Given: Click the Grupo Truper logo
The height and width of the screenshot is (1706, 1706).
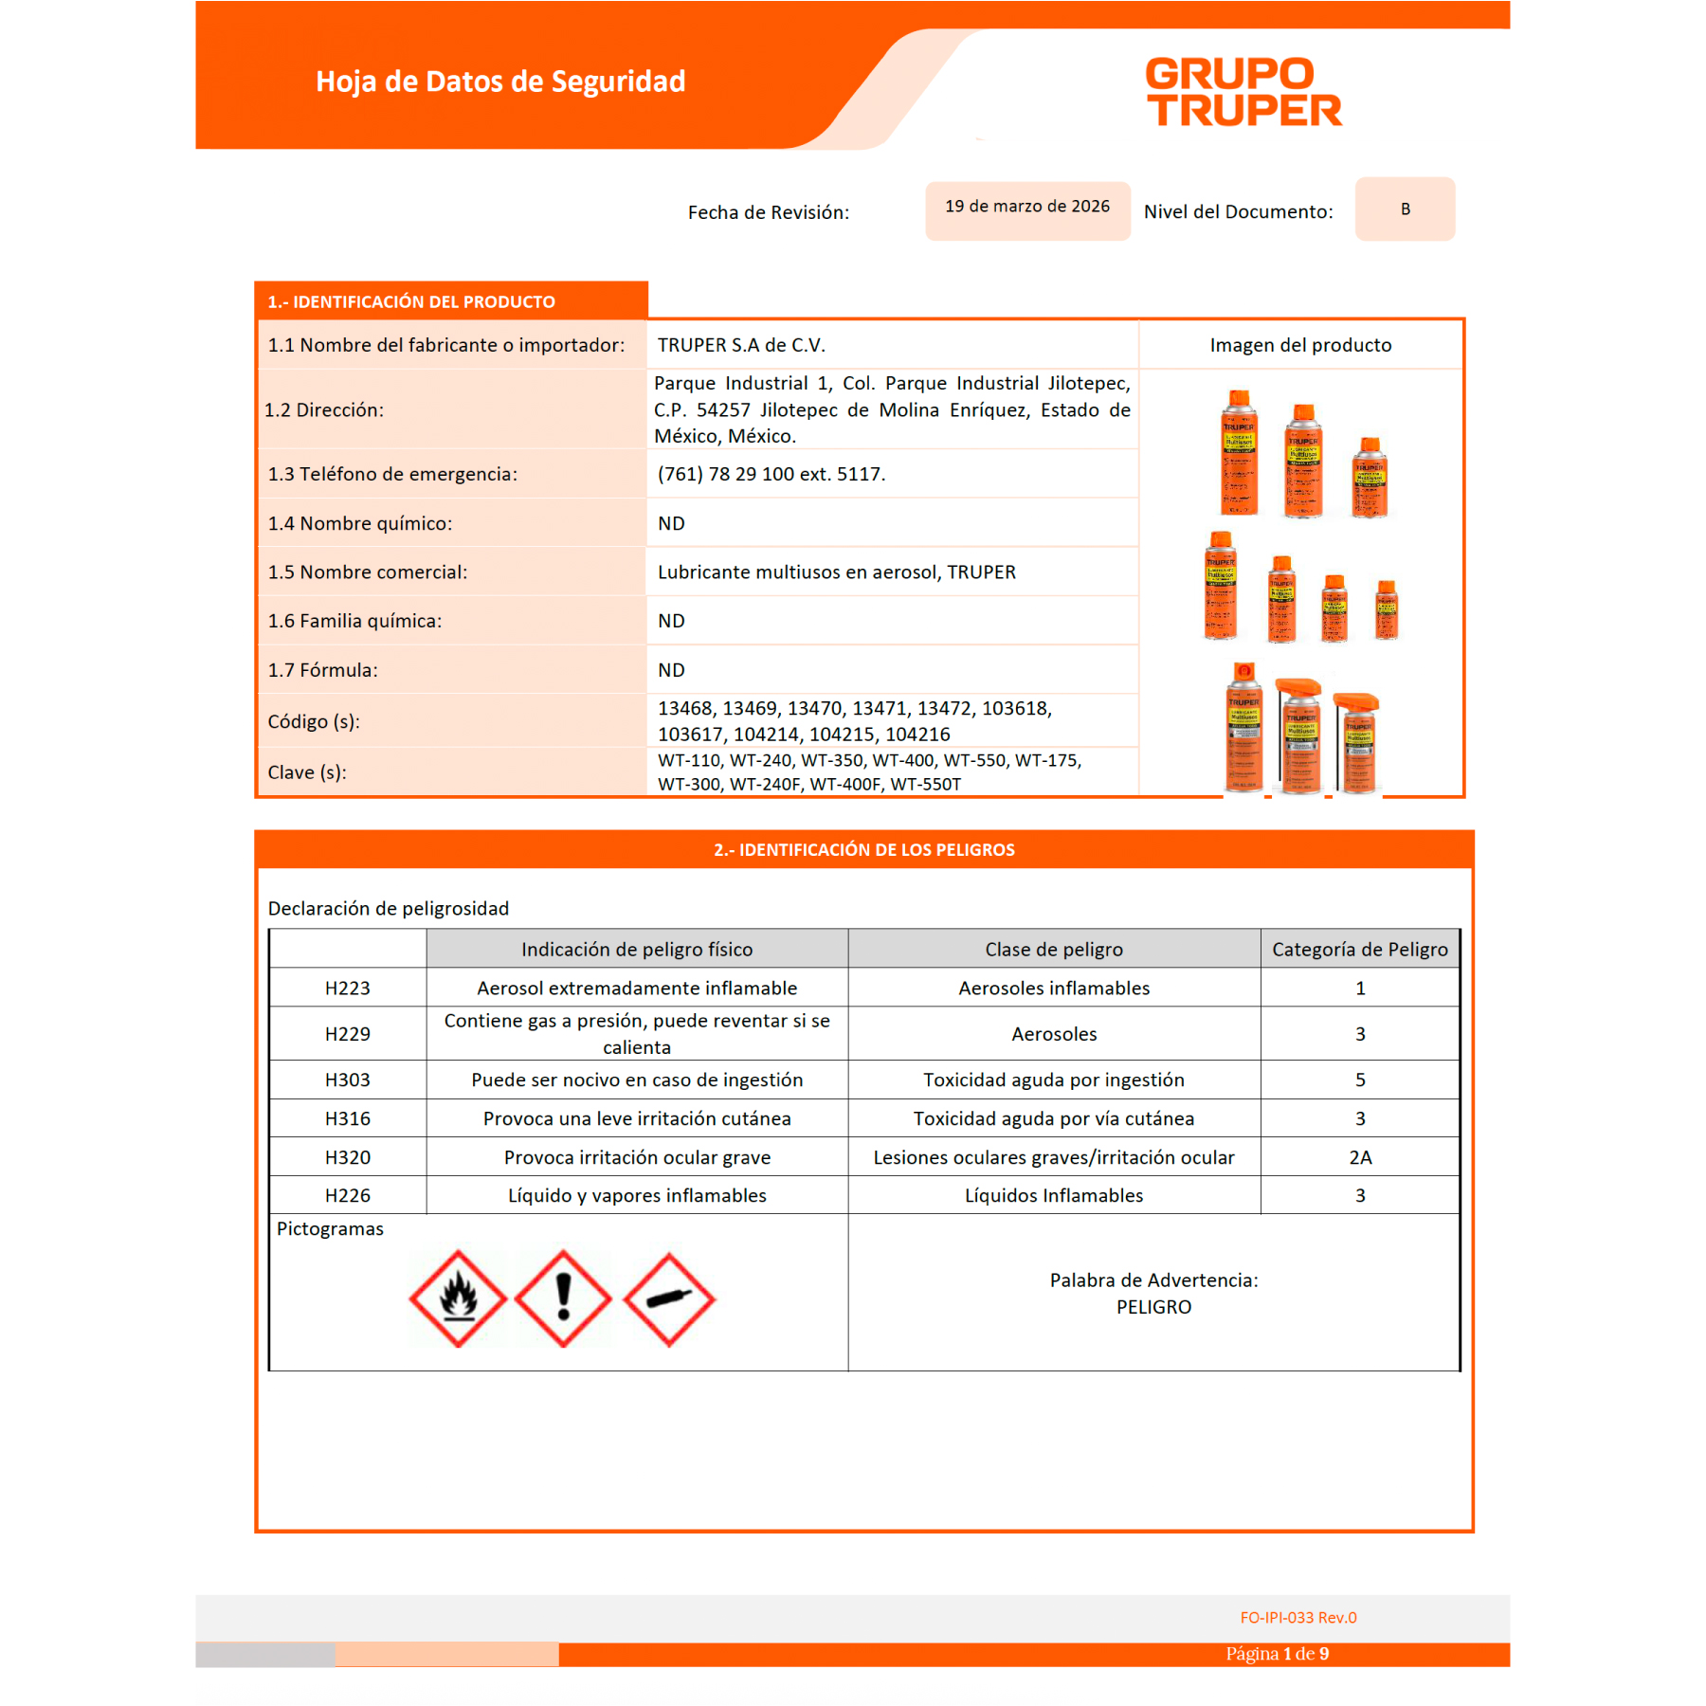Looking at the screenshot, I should point(1243,92).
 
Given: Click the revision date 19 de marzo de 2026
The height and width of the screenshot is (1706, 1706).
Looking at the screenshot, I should point(1026,207).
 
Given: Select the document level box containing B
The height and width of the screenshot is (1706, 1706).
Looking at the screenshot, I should point(1405,209).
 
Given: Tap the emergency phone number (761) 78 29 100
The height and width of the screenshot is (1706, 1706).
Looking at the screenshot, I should point(771,474).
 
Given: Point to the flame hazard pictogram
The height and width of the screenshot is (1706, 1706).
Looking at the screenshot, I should point(458,1298).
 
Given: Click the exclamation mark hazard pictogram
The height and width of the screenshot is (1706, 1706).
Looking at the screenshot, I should point(563,1298).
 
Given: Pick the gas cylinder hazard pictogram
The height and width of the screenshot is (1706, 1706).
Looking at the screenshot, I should point(669,1298).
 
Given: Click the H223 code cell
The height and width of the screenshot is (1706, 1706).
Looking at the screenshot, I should point(347,988).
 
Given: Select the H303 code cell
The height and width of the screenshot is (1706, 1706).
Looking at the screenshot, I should point(347,1080).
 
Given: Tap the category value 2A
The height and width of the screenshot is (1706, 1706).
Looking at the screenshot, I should point(1360,1157).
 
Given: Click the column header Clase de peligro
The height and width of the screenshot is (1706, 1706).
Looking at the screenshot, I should point(1053,949).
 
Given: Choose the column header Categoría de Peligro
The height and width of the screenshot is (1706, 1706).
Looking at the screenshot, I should point(1359,949).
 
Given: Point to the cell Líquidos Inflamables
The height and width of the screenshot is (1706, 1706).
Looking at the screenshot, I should point(1053,1195).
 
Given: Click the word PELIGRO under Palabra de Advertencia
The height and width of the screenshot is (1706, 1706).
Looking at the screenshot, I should point(1153,1307).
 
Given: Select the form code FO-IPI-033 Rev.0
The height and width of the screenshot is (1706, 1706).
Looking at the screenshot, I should point(1298,1618).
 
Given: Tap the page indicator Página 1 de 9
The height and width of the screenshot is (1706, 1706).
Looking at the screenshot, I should point(1277,1654).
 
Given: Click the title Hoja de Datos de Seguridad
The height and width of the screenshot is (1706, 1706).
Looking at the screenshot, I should point(500,82).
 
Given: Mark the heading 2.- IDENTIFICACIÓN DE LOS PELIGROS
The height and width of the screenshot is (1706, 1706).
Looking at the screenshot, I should point(863,850).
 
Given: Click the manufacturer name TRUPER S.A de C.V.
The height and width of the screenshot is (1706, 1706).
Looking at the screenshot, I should point(741,345).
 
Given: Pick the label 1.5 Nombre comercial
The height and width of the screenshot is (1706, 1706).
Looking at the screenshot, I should point(368,572).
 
